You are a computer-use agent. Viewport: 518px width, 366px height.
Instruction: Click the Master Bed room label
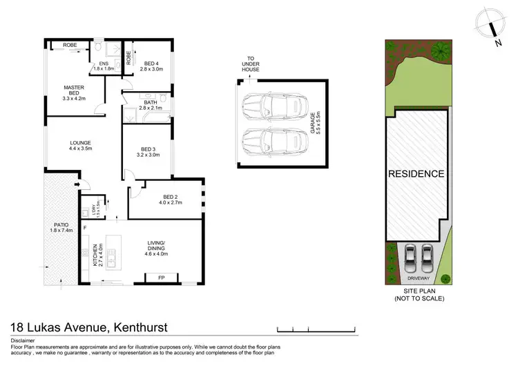tap(73, 93)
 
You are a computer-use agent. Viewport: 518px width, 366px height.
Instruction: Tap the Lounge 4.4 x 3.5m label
tap(80, 146)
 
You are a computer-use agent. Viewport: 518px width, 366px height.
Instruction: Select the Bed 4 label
tap(150, 66)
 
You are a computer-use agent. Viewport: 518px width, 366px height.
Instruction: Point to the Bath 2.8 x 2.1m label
tap(151, 105)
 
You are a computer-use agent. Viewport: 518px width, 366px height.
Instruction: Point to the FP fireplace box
tap(161, 278)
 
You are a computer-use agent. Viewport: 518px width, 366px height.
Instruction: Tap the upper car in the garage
tap(275, 107)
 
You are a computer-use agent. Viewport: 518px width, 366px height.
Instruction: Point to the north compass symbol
tap(492, 29)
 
